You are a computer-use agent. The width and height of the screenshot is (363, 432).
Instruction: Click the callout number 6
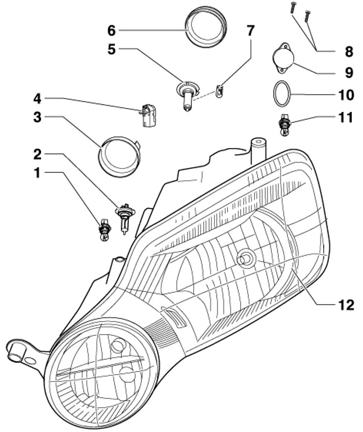click(x=111, y=31)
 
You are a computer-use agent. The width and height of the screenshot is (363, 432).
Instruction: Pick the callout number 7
click(x=251, y=31)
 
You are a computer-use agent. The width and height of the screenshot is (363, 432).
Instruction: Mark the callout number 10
click(x=345, y=93)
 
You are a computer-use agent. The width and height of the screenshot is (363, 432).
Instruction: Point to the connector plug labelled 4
click(x=147, y=116)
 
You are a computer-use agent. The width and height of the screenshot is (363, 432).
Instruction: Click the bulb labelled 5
click(x=186, y=95)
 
